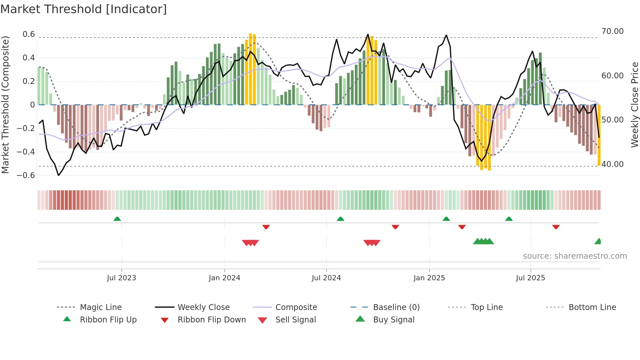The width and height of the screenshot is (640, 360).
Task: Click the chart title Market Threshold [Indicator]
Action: (84, 9)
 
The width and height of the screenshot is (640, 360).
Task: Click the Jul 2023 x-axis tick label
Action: (121, 278)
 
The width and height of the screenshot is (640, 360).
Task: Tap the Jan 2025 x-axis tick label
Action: (429, 278)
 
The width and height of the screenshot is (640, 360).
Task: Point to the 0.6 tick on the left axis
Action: (29, 34)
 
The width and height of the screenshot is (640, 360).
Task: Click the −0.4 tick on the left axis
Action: (26, 152)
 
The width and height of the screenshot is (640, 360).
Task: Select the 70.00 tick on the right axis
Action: (612, 31)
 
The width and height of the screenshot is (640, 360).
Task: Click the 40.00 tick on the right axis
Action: (612, 164)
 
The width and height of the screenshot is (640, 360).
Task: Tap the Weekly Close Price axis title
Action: (634, 105)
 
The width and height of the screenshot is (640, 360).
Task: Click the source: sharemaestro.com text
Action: (575, 256)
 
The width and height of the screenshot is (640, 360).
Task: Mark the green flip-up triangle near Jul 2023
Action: (117, 219)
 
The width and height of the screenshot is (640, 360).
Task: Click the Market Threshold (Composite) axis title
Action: (5, 105)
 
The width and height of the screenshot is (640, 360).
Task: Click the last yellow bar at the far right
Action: (599, 137)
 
